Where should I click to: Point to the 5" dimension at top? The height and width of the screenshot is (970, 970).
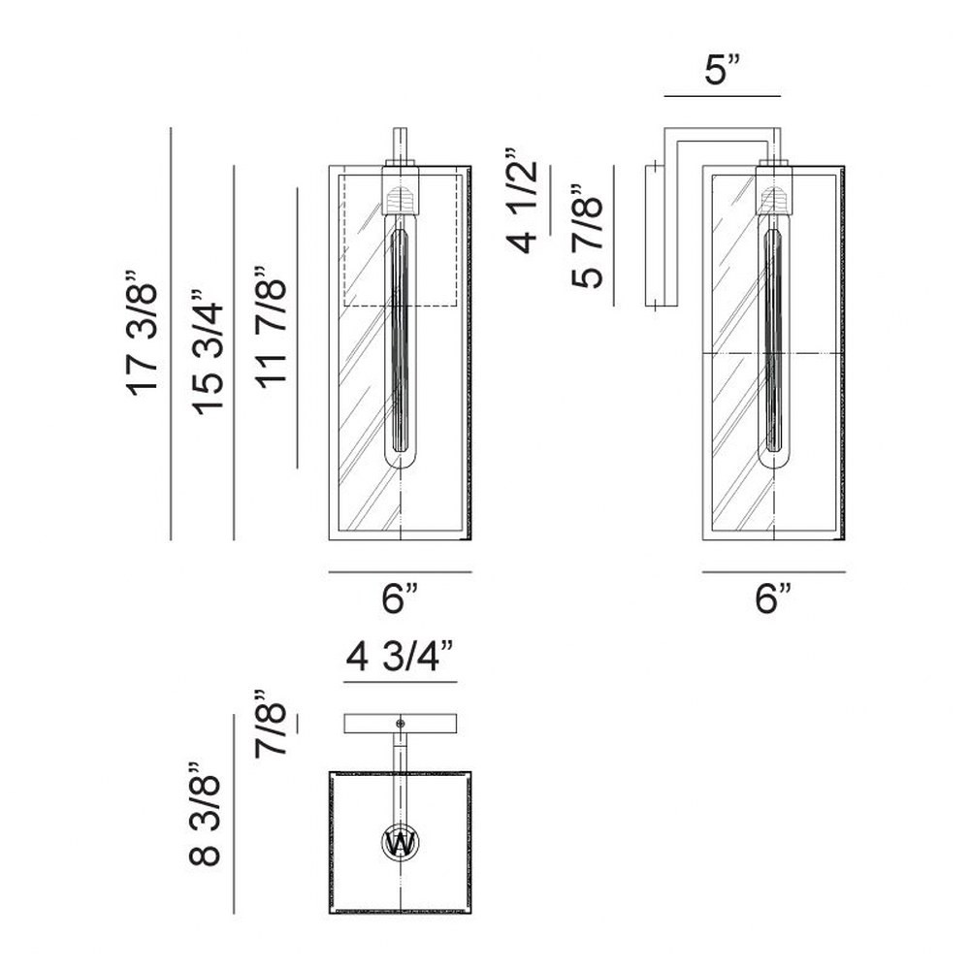tap(723, 70)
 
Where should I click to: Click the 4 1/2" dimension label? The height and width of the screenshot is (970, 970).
tap(522, 201)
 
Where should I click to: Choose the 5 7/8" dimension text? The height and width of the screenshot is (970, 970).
tap(586, 236)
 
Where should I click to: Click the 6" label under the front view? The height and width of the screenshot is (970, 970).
tap(400, 598)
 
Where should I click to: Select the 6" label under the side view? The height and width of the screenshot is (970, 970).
tap(773, 598)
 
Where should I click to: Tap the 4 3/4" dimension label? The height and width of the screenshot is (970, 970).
tap(401, 656)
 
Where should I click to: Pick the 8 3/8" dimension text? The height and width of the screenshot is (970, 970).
tap(205, 814)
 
